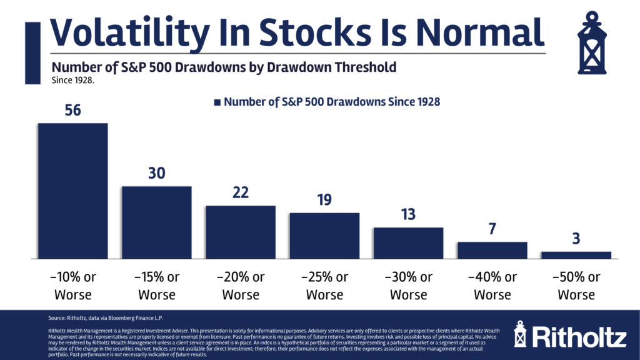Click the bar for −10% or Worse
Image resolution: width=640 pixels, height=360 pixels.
click(72, 191)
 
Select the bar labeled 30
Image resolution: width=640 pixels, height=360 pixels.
click(156, 222)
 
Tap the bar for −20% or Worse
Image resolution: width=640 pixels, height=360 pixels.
click(241, 232)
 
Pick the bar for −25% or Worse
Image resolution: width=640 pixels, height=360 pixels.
click(324, 235)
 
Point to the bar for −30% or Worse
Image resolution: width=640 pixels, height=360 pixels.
click(408, 242)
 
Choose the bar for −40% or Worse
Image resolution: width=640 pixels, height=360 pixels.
click(492, 250)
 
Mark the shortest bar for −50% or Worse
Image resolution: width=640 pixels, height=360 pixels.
click(576, 255)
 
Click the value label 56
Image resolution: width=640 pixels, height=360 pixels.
click(72, 110)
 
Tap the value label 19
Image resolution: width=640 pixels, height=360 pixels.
click(324, 200)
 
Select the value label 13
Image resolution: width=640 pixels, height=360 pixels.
click(408, 214)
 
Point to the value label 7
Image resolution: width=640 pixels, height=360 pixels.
click(492, 229)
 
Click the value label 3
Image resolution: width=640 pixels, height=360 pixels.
click(576, 239)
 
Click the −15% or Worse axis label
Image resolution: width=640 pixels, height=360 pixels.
click(156, 286)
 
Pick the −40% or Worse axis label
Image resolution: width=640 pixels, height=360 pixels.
click(492, 286)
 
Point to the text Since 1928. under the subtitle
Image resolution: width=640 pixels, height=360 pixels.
click(72, 80)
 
